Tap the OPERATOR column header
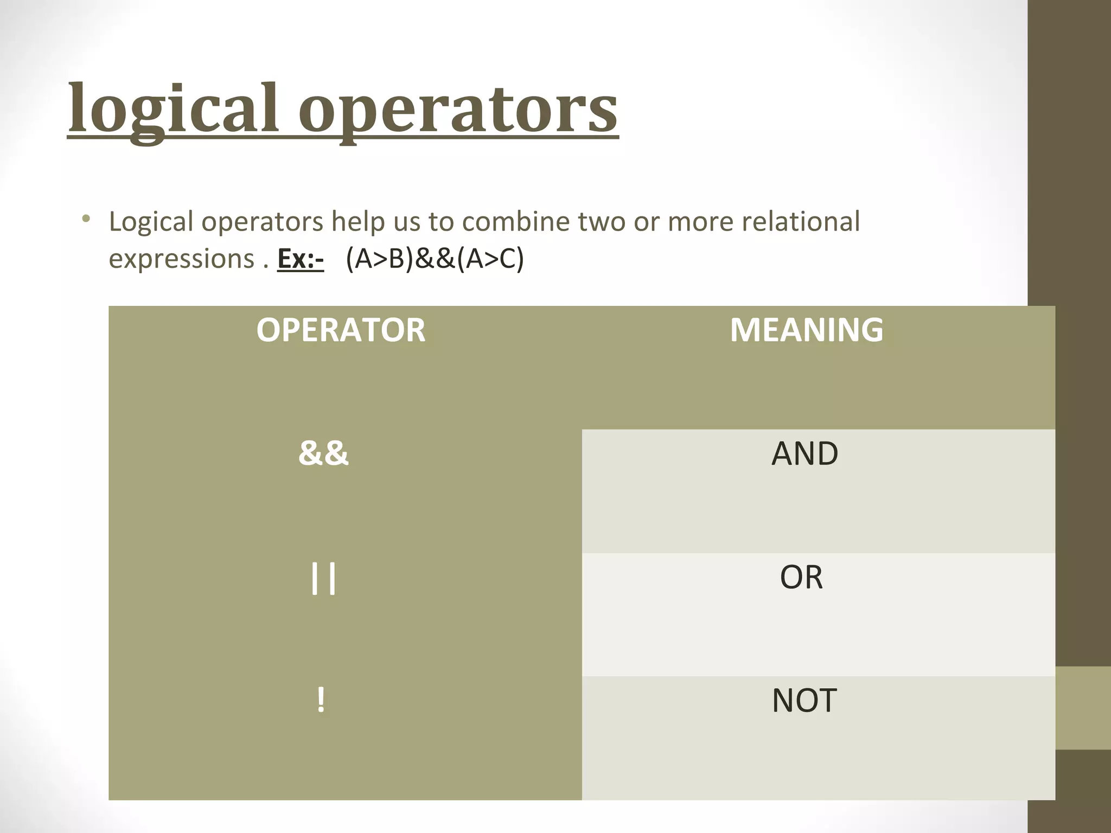(341, 330)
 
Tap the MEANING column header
(807, 330)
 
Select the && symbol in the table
(323, 453)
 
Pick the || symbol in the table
(323, 578)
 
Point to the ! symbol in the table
(321, 700)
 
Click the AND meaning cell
(804, 453)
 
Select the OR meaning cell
(801, 577)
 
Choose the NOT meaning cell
(804, 700)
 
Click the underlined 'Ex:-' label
(300, 259)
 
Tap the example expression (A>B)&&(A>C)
(435, 259)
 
